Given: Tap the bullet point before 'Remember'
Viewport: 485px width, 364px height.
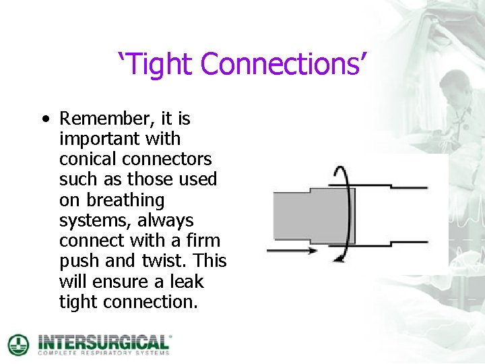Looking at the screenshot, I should tap(44, 119).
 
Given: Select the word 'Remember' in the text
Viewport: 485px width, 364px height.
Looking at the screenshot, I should tap(108, 119).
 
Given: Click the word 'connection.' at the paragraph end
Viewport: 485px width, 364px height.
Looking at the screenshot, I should tap(151, 302).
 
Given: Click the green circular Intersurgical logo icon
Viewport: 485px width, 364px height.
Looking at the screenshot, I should tap(18, 344).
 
